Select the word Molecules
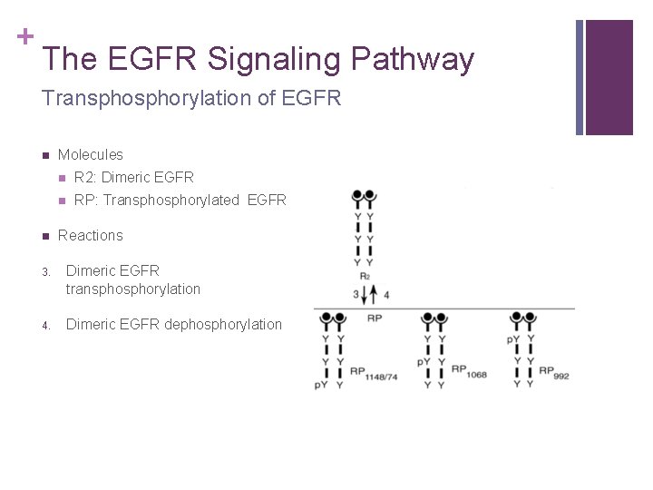coord(90,155)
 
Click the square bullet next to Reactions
coord(44,236)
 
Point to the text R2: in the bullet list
coord(85,178)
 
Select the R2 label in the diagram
coord(365,277)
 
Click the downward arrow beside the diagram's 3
coord(369,295)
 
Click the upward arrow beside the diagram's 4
coord(376,295)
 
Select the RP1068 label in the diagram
coord(470,371)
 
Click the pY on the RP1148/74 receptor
coord(321,385)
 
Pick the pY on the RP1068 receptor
coord(424,362)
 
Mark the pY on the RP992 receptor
coord(513,340)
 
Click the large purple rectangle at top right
coord(609,77)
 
